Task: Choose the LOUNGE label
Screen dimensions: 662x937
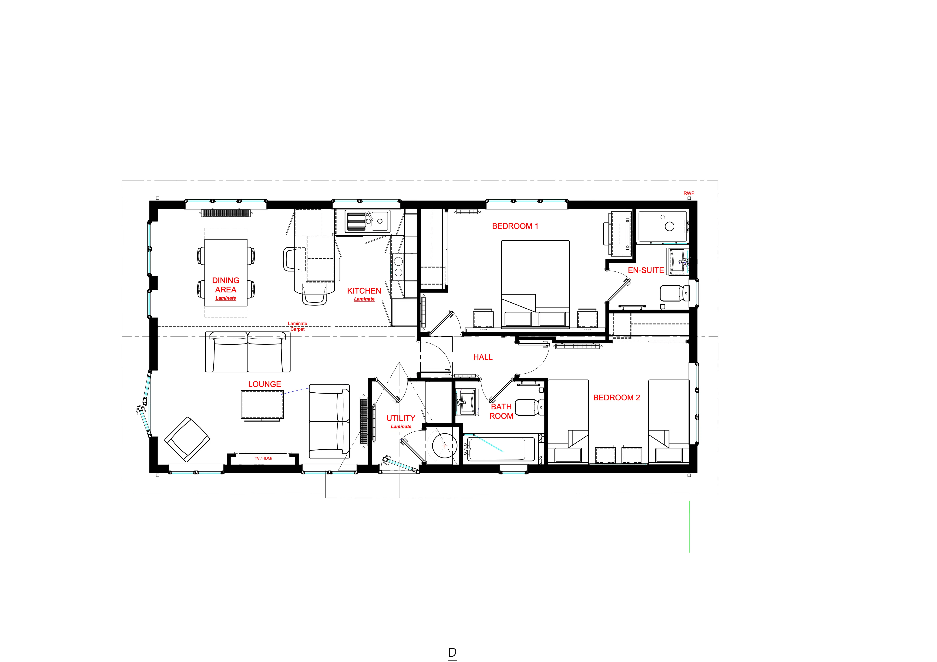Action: point(265,384)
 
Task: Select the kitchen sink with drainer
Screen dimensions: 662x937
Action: point(367,221)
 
